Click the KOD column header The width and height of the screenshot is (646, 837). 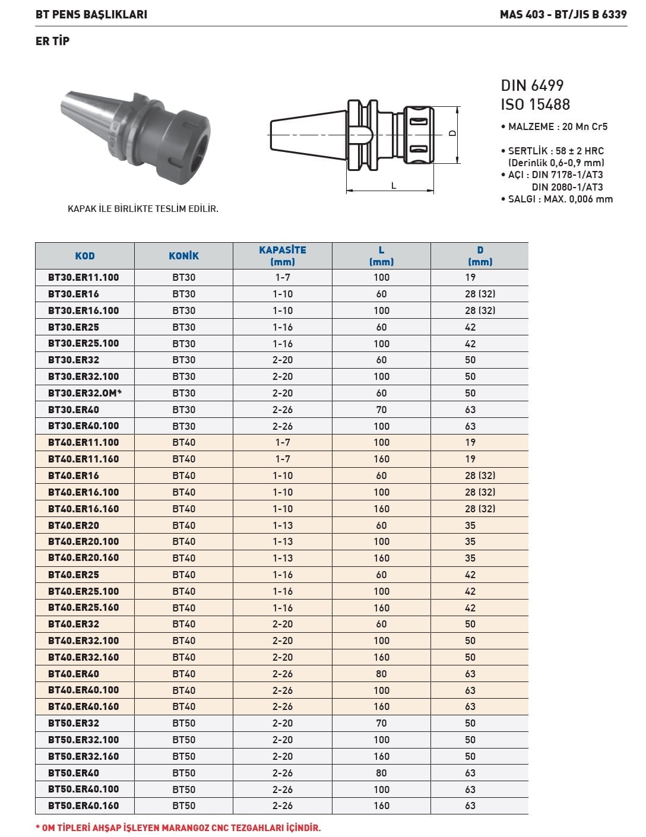85,256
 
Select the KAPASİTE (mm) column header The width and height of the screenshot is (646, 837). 283,256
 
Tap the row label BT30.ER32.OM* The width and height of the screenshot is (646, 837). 85,393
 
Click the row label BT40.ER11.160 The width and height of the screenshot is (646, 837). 84,459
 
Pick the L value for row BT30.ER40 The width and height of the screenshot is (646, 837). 381,410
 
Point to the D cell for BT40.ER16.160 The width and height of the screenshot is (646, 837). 480,509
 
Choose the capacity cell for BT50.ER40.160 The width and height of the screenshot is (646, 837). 283,806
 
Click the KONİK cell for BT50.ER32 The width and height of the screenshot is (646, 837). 184,723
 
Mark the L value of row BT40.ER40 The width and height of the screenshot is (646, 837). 381,674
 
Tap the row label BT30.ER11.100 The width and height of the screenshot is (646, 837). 84,277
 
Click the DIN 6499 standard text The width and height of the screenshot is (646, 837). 532,85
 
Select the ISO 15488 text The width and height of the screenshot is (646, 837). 535,104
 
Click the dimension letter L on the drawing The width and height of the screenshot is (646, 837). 394,185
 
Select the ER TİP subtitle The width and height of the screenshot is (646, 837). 52,41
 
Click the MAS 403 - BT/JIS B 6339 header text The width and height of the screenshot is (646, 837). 563,14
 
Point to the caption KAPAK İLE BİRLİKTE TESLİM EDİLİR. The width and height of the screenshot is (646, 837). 143,209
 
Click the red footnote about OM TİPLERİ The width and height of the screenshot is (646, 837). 178,828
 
